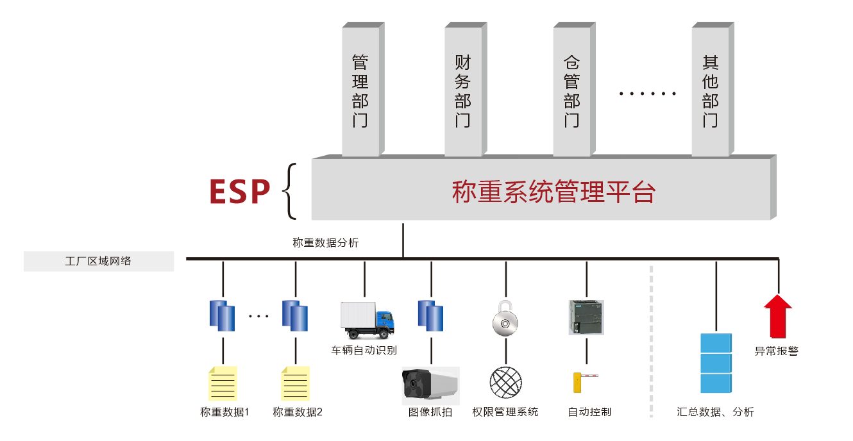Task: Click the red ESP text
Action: click(240, 190)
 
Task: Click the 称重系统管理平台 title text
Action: click(553, 192)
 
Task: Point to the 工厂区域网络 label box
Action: click(99, 261)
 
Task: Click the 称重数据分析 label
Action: click(326, 243)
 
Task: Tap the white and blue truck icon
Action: click(366, 319)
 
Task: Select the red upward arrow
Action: click(778, 316)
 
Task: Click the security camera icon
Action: click(430, 385)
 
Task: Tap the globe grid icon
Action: click(506, 383)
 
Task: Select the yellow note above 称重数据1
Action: click(223, 383)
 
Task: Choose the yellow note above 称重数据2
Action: click(296, 383)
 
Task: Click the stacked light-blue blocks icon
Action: click(716, 363)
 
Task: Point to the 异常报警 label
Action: click(777, 351)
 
